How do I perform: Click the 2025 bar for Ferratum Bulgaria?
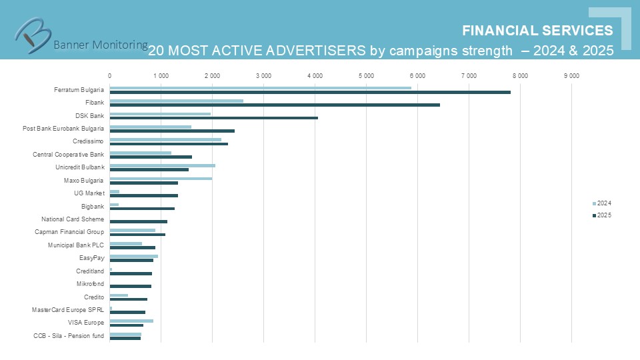click(x=310, y=92)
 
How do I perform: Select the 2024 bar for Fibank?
click(x=177, y=101)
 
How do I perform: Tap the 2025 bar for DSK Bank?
click(x=213, y=118)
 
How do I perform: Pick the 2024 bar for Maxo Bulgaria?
click(x=161, y=179)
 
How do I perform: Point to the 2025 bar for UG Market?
click(x=144, y=195)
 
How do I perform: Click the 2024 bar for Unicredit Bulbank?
click(x=163, y=165)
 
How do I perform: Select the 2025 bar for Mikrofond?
click(x=131, y=286)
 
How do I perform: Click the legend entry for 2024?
click(x=602, y=203)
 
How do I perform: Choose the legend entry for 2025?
click(x=602, y=215)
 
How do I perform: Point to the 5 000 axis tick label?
click(x=366, y=76)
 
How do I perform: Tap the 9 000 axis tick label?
click(x=571, y=76)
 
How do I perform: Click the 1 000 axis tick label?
click(x=161, y=76)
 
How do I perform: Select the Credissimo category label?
click(x=88, y=141)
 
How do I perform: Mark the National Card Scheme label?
click(x=73, y=219)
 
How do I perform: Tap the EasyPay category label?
click(x=91, y=257)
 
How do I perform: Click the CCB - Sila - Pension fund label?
click(x=69, y=335)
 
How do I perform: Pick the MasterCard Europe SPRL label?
click(x=68, y=309)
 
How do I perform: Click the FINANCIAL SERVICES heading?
click(x=537, y=31)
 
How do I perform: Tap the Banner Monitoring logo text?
click(x=100, y=45)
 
